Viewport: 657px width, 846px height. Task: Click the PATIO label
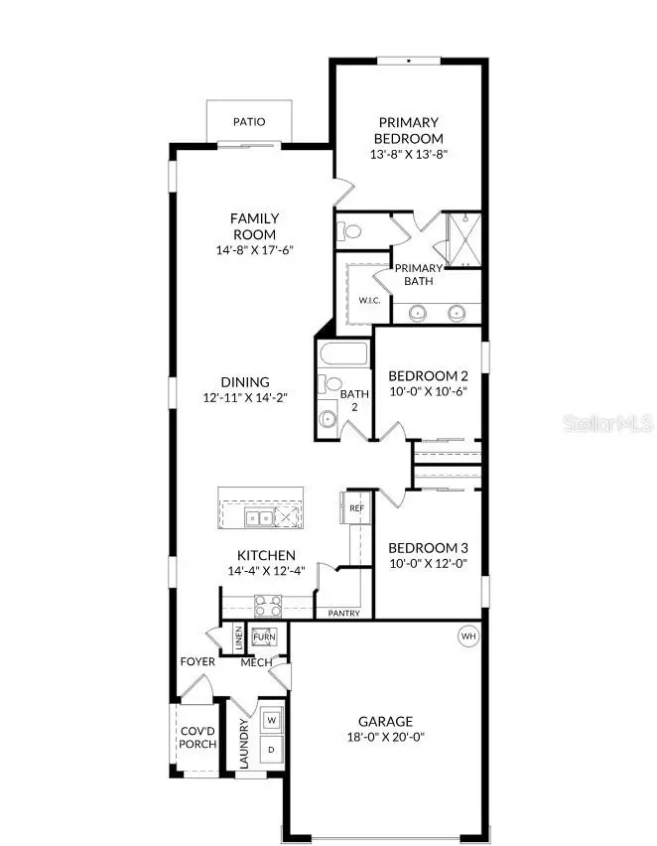pos(249,122)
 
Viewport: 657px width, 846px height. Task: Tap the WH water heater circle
pos(468,635)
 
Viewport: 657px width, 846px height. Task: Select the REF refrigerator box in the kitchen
pos(357,507)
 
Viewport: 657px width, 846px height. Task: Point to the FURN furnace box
pos(264,637)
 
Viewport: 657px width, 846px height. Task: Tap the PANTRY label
pos(343,613)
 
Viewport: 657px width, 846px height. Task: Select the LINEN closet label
pos(239,638)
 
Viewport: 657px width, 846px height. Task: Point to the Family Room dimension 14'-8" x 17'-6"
pos(254,250)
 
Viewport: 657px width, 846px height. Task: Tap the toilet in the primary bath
pos(348,231)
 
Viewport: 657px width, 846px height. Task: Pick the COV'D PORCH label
pos(198,738)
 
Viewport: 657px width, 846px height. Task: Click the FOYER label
pos(197,661)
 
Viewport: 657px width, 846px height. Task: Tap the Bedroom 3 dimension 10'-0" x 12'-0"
pos(427,564)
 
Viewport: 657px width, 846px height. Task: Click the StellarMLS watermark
pos(607,423)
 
